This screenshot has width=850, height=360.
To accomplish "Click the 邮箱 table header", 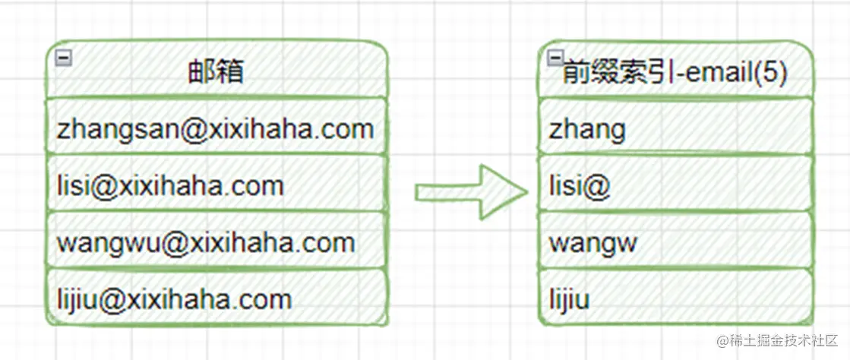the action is (x=216, y=72).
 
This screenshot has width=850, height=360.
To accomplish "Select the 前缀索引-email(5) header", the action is (x=675, y=73).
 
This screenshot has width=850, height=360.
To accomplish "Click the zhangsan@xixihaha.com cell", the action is (x=216, y=128).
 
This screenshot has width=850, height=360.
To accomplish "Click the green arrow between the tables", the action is (x=471, y=193).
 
